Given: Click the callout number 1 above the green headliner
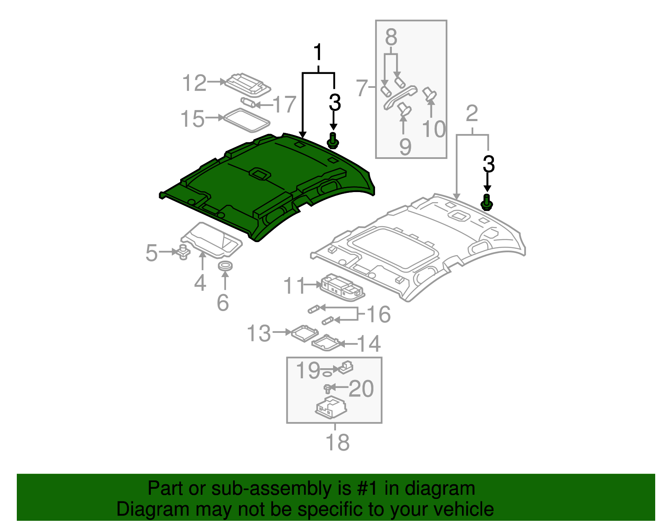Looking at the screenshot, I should (318, 53).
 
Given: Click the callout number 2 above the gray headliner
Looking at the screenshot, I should (472, 114).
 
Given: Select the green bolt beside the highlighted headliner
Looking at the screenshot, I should (333, 140).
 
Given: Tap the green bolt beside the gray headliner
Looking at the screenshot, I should (486, 203).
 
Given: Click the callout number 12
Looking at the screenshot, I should (194, 83).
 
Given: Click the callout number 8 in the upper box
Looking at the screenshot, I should (391, 38).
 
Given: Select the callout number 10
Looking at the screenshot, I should (433, 129).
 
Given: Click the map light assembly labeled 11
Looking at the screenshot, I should (341, 288).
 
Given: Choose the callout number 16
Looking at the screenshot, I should (378, 314).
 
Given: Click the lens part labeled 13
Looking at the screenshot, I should (304, 332).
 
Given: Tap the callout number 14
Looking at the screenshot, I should (369, 344).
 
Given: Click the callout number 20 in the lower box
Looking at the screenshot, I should (361, 389).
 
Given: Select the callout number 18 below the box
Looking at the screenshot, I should (337, 442).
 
